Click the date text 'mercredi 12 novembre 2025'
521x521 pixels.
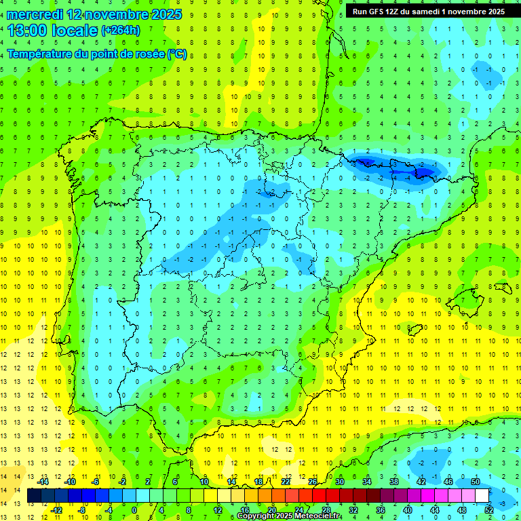pyautogui.click(x=94, y=14)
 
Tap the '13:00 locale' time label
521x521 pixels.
pyautogui.click(x=52, y=31)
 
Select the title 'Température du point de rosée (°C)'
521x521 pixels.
pyautogui.click(x=97, y=54)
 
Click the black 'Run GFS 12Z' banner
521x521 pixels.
pyautogui.click(x=428, y=12)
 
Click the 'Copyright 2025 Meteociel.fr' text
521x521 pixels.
pyautogui.click(x=289, y=516)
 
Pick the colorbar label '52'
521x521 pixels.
pyautogui.click(x=489, y=509)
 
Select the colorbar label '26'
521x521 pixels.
pyautogui.click(x=313, y=481)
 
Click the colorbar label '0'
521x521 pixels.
pyautogui.click(x=135, y=509)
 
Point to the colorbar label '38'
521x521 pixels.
pyautogui.click(x=393, y=481)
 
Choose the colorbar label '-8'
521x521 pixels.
pyautogui.click(x=81, y=509)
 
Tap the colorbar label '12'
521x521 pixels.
pyautogui.click(x=217, y=509)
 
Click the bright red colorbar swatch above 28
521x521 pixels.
pyautogui.click(x=326, y=495)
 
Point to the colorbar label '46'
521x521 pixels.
pyautogui.click(x=448, y=481)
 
